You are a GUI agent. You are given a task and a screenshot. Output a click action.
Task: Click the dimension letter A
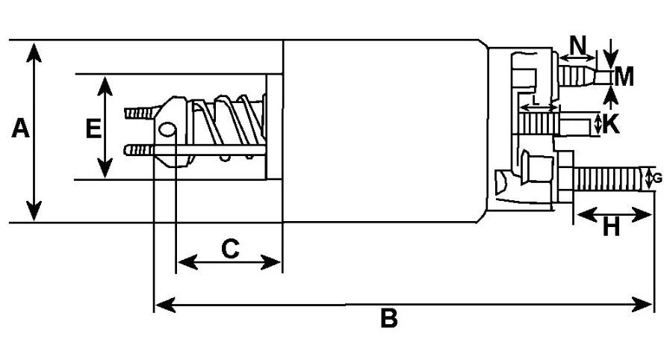tap(20, 128)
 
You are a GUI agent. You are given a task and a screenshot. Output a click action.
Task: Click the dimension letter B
tap(388, 318)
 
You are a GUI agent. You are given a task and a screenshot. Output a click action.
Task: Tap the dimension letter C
tap(230, 249)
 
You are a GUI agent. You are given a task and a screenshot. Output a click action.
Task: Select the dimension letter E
tap(93, 128)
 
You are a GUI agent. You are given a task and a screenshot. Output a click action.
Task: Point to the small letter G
tap(657, 179)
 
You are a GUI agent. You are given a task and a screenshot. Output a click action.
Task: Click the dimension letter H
tap(611, 228)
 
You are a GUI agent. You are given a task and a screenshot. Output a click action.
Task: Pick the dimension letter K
tap(611, 124)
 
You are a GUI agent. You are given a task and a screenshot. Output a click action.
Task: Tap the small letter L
tap(536, 100)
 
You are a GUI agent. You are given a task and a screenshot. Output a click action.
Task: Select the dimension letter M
tap(624, 77)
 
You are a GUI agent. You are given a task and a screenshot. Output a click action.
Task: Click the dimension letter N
tap(578, 45)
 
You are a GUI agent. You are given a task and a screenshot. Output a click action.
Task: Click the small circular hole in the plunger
tap(167, 130)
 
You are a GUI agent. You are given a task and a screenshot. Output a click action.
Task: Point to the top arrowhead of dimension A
tap(34, 52)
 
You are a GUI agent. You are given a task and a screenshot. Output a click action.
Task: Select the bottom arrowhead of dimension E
tap(105, 168)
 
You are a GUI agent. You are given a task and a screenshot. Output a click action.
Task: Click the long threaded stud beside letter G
tap(610, 179)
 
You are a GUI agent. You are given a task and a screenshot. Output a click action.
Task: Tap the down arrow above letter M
tap(610, 54)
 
